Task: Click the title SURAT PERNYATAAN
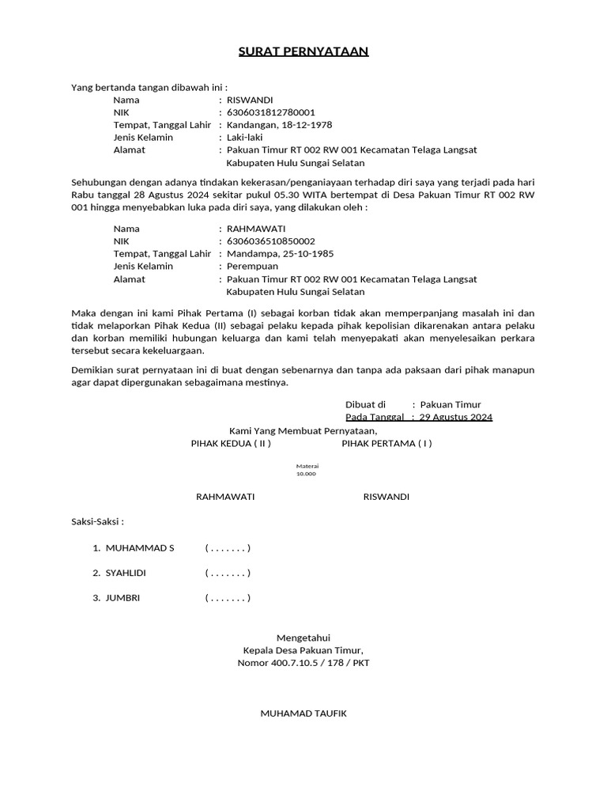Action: tap(303, 52)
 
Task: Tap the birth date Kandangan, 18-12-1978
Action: tap(279, 125)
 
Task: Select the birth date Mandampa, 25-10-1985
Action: tap(280, 254)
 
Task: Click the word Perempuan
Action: tap(250, 267)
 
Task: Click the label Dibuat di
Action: tap(365, 404)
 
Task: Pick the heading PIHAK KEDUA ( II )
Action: tap(231, 444)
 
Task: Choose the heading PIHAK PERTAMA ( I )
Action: tap(386, 444)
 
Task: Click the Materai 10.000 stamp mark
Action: tap(306, 470)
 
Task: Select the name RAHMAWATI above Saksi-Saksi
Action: tap(225, 497)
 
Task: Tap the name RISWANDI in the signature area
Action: tap(386, 497)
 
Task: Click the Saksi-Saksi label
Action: tap(97, 522)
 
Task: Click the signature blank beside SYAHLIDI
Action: tap(228, 573)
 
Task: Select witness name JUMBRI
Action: tap(123, 598)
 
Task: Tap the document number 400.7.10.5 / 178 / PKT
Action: tap(303, 663)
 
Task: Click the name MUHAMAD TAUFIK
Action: tap(303, 713)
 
